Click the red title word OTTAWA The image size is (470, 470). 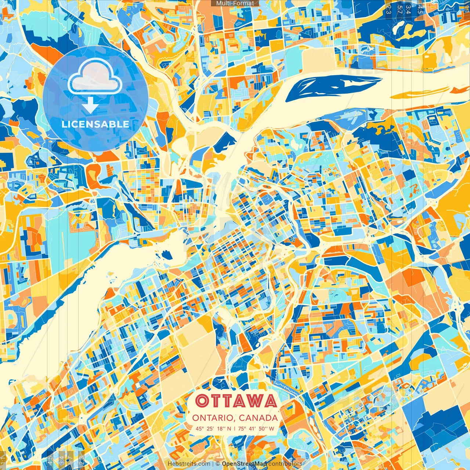pyautogui.click(x=236, y=401)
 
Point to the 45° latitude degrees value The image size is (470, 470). pyautogui.click(x=200, y=429)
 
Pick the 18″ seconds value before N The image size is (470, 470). pyautogui.click(x=222, y=429)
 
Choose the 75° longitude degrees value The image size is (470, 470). pyautogui.click(x=242, y=429)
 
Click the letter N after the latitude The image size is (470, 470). pyautogui.click(x=229, y=429)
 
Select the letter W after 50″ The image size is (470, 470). pyautogui.click(x=272, y=429)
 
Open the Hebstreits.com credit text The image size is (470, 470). pyautogui.click(x=189, y=464)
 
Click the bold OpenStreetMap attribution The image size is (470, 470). pyautogui.click(x=244, y=464)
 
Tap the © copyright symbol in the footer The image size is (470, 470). pyautogui.click(x=217, y=464)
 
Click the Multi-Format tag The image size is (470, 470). pyautogui.click(x=235, y=3)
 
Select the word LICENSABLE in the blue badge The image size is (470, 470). pyautogui.click(x=95, y=124)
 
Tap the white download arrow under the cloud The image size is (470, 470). pyautogui.click(x=90, y=106)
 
